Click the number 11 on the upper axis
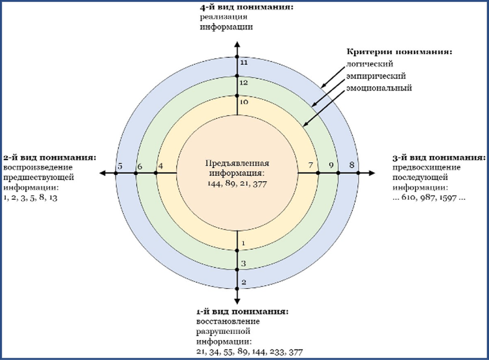coord(244,63)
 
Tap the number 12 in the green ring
coord(244,83)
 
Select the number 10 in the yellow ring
coord(244,102)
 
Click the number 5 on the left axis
coord(120,166)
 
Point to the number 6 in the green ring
coord(140,166)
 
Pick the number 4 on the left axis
coord(161,166)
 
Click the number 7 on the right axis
coord(310,165)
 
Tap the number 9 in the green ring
coord(331,165)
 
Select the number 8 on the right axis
coord(352,165)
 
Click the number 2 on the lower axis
coord(244,282)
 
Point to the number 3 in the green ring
coord(243,264)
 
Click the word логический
coord(369,64)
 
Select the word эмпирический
coord(376,76)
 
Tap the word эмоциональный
coord(379,88)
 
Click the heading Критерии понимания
coord(399,52)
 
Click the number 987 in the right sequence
coord(428,198)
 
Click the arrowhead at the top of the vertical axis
coord(237,44)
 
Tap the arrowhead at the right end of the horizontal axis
coord(372,173)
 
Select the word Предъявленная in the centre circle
coord(237,163)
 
